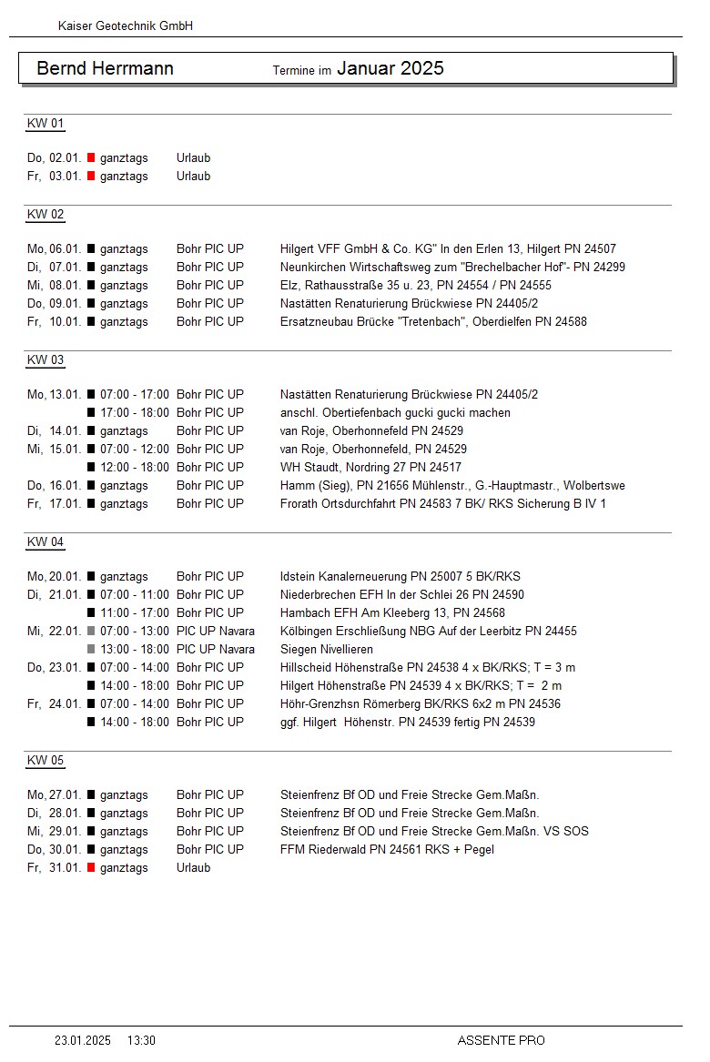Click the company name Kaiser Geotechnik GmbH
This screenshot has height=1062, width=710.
[125, 26]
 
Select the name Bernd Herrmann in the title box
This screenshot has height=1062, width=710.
[105, 69]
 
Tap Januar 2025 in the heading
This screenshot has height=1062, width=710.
[390, 68]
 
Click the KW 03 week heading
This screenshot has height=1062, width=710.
[46, 360]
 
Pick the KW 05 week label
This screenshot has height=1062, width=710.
[46, 761]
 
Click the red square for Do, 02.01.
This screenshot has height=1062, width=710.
[91, 158]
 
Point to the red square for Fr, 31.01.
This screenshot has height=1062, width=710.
[91, 868]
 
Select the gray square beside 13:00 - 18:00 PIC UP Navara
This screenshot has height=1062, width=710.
[91, 650]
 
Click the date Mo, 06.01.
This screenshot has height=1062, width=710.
[55, 249]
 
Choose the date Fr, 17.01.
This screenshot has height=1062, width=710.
[55, 504]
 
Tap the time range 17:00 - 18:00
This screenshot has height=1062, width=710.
[134, 413]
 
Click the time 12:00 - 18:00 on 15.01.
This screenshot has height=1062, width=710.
[134, 468]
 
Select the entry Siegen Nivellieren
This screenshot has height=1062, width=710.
[327, 650]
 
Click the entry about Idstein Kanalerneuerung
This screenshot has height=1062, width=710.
[400, 577]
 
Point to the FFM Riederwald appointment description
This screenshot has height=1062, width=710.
[387, 850]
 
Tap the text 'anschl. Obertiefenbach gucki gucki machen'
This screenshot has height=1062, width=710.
[395, 413]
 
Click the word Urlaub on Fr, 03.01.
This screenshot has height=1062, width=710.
[193, 177]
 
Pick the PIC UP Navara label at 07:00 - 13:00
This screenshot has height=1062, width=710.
[216, 632]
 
